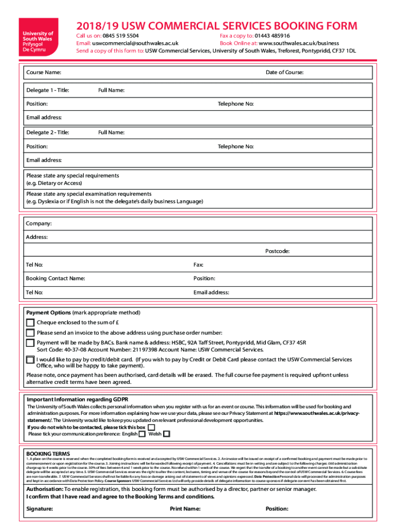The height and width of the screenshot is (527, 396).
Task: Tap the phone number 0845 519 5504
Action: [120, 36]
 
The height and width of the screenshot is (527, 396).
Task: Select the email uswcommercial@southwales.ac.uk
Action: [135, 44]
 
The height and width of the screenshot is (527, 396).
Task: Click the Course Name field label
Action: [44, 73]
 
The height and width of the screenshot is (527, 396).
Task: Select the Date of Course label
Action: [284, 73]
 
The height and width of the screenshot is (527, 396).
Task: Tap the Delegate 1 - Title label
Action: [47, 91]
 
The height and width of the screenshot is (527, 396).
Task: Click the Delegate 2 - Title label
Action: [47, 133]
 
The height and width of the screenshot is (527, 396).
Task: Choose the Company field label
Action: [39, 224]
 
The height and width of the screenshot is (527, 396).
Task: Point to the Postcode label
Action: [277, 251]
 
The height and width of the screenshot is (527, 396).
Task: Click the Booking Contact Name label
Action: [56, 278]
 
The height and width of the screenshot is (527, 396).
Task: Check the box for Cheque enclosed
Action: [30, 323]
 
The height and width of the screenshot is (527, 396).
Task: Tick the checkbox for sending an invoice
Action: [30, 333]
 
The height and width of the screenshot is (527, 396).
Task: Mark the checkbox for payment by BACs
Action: [30, 343]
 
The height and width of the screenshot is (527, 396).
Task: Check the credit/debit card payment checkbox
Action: [30, 360]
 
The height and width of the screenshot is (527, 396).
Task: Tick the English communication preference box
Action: [142, 434]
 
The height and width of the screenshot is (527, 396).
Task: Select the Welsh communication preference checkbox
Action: [166, 434]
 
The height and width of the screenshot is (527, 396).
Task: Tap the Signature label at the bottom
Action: [40, 509]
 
